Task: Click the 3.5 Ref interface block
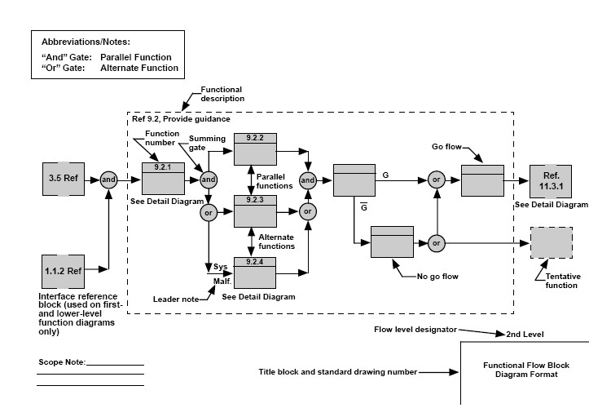click(65, 179)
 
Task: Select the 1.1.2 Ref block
click(65, 267)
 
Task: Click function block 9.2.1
click(164, 179)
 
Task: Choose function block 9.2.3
click(257, 211)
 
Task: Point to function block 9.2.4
click(257, 271)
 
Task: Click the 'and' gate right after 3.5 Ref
click(108, 179)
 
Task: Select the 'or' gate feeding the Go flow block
click(437, 179)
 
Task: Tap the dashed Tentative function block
click(552, 242)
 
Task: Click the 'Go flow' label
click(448, 147)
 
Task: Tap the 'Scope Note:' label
click(61, 361)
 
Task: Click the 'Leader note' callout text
click(176, 299)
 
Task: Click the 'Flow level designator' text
click(410, 330)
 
